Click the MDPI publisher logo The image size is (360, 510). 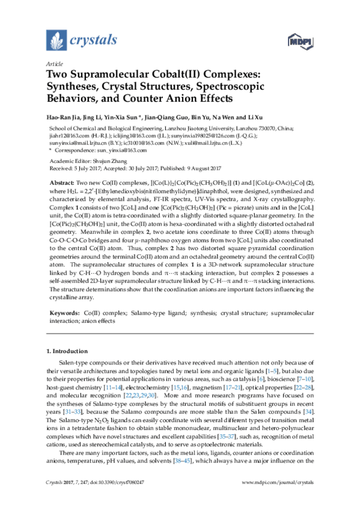tap(302, 41)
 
